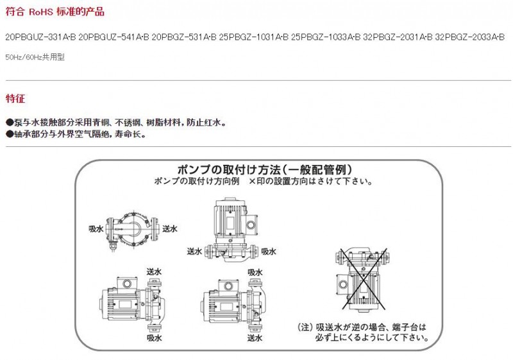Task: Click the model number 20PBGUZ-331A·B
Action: (40, 37)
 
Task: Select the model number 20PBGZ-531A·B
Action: (184, 37)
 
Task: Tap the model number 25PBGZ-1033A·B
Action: (326, 37)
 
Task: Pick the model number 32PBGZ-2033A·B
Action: (470, 37)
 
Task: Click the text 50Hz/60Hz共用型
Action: (35, 57)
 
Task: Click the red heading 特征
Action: (15, 98)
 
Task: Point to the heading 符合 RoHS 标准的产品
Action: (55, 12)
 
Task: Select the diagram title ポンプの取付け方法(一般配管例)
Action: (265, 169)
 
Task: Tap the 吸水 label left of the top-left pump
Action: (96, 229)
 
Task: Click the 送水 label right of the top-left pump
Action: (170, 229)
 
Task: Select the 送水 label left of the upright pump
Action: (195, 252)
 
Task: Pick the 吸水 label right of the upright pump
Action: (269, 252)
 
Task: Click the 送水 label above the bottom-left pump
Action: (154, 271)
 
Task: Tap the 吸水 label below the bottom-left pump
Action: (154, 338)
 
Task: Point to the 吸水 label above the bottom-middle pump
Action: (255, 272)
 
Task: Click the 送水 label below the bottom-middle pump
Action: (255, 338)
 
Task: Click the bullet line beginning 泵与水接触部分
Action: (116, 123)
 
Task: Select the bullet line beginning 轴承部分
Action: (76, 134)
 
